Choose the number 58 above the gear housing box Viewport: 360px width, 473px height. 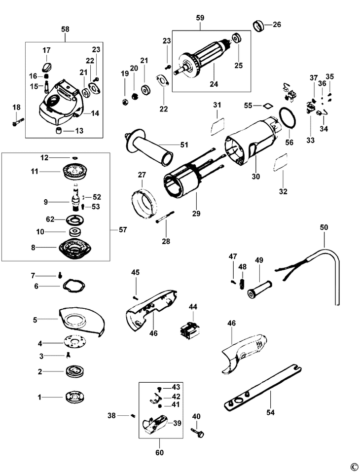point(65,30)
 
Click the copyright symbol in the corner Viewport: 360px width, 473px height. point(353,466)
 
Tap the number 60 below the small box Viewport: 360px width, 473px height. point(160,452)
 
